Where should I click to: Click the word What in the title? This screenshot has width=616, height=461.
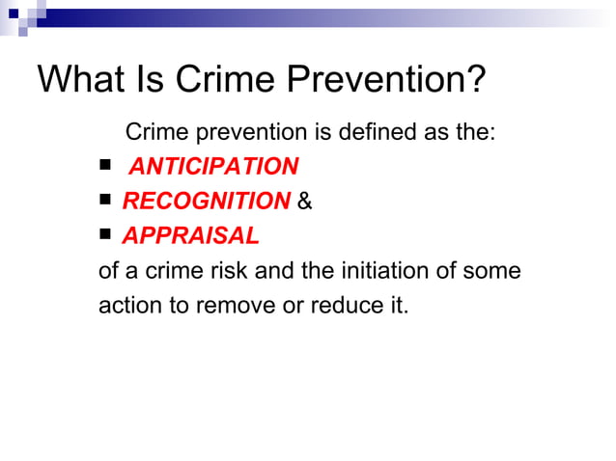(x=81, y=79)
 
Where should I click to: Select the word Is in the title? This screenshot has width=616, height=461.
(x=153, y=79)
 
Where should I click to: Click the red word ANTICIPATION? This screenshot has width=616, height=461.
(x=213, y=167)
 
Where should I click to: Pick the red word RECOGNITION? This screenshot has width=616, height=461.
(x=206, y=202)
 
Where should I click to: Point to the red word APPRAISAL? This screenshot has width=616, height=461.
(x=190, y=236)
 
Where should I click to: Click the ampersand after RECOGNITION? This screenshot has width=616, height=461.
(x=305, y=203)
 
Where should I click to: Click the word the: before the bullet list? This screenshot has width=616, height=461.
(x=473, y=132)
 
